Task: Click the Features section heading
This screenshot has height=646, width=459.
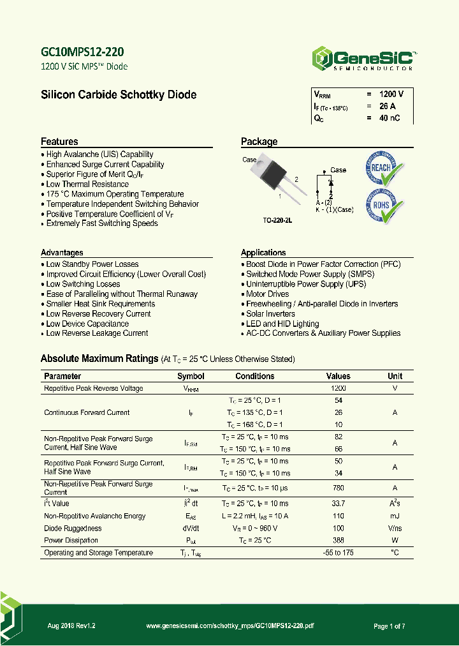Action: point(59,142)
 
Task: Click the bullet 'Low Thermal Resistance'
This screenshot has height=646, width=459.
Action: point(87,184)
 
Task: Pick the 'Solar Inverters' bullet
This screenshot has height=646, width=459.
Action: point(270,313)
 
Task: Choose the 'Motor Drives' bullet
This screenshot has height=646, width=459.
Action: point(268,294)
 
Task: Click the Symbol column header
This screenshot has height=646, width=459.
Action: point(191,376)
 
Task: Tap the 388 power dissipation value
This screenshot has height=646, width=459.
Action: point(338,541)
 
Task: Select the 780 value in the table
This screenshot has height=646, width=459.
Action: point(338,488)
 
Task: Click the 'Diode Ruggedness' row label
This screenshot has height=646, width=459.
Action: point(73,529)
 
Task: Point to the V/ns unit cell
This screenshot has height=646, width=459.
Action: point(395,529)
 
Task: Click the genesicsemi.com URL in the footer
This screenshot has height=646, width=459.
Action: point(230,626)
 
